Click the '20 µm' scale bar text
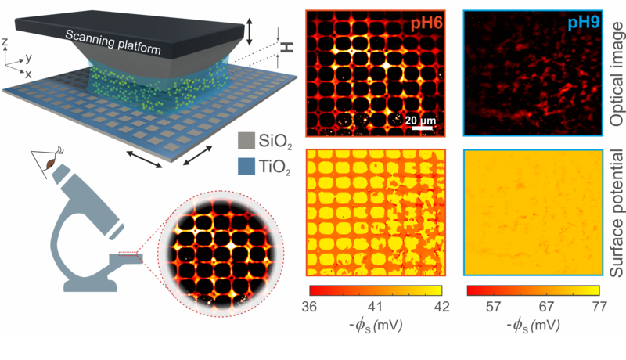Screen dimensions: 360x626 (x=419, y=120)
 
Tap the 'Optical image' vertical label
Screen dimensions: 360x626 (x=614, y=75)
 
